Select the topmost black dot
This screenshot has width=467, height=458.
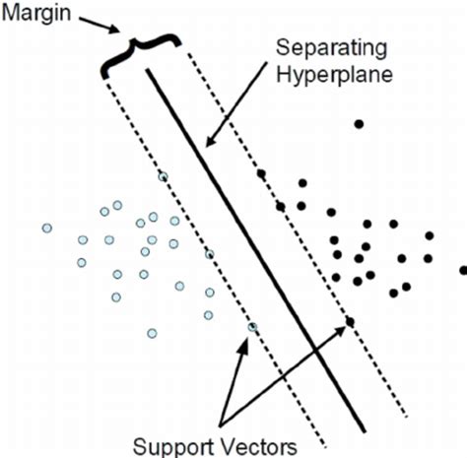click(x=359, y=123)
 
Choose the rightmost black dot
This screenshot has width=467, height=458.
click(x=463, y=270)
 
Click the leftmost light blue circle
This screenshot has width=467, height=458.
click(x=46, y=229)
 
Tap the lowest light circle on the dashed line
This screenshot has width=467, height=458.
click(x=252, y=327)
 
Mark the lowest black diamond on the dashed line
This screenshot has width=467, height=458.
click(x=350, y=321)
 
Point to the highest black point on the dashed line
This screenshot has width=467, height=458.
click(x=261, y=173)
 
